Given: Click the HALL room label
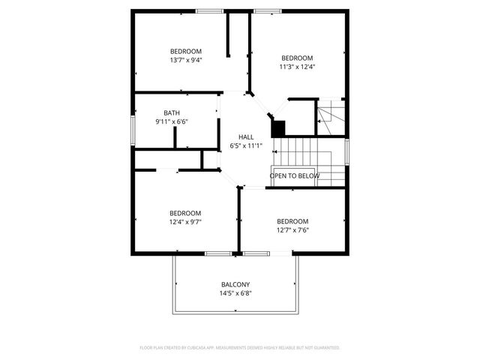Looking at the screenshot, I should pyautogui.click(x=246, y=136).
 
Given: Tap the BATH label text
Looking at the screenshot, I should pyautogui.click(x=172, y=113).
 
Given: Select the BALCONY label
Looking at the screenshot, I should pyautogui.click(x=235, y=284).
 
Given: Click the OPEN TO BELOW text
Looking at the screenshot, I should pyautogui.click(x=295, y=175).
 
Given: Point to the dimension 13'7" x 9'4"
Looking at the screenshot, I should pyautogui.click(x=186, y=60).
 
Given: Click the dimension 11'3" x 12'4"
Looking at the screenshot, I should pyautogui.click(x=298, y=67).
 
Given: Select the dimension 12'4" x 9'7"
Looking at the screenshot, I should pyautogui.click(x=185, y=221).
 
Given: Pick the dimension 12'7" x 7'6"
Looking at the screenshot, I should pyautogui.click(x=292, y=230).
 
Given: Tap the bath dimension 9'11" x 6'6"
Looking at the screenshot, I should pyautogui.click(x=172, y=121).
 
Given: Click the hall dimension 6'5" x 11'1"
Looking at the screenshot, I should pyautogui.click(x=246, y=145).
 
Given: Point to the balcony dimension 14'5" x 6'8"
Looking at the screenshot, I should pyautogui.click(x=235, y=293).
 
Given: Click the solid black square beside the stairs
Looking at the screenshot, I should pyautogui.click(x=278, y=128).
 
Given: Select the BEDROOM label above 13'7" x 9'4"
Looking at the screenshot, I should pyautogui.click(x=186, y=51).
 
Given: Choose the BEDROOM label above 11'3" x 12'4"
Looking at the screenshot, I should pyautogui.click(x=297, y=58).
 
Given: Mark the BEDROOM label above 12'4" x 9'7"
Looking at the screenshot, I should pyautogui.click(x=185, y=212).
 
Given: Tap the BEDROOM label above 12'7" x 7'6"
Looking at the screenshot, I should pyautogui.click(x=292, y=221).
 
